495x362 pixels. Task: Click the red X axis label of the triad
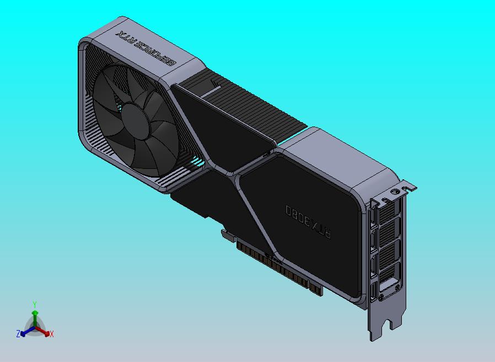click(x=52, y=334)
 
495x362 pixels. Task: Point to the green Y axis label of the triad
click(x=35, y=304)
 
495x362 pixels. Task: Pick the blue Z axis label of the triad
click(x=18, y=333)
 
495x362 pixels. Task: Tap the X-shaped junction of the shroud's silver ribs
click(x=234, y=176)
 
